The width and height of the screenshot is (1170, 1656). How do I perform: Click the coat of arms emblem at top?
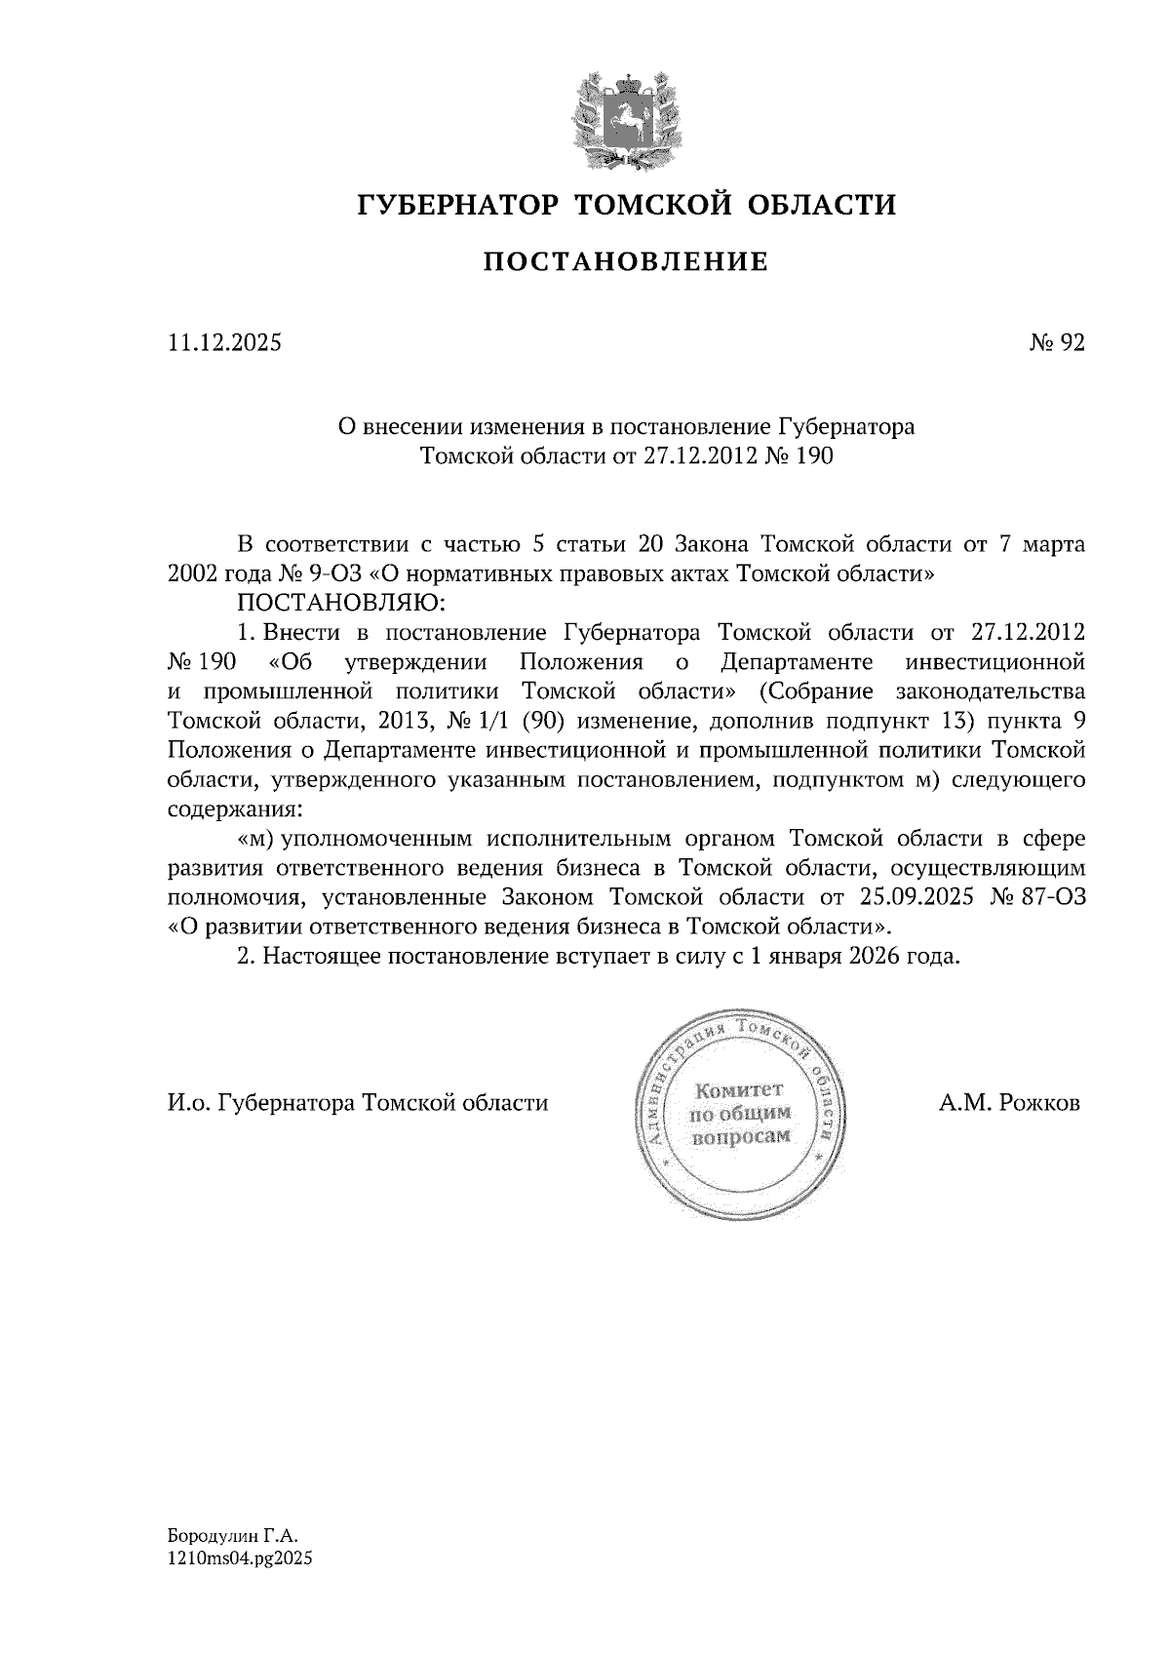click(625, 118)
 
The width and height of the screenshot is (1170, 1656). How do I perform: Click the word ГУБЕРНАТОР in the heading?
click(457, 205)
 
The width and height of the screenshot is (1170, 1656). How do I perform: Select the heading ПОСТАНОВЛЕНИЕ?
click(627, 261)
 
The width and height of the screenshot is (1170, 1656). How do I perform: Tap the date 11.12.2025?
click(224, 343)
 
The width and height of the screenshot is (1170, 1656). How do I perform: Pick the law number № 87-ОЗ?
click(1037, 896)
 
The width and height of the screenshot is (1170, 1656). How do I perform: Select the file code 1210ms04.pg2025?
click(240, 1558)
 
